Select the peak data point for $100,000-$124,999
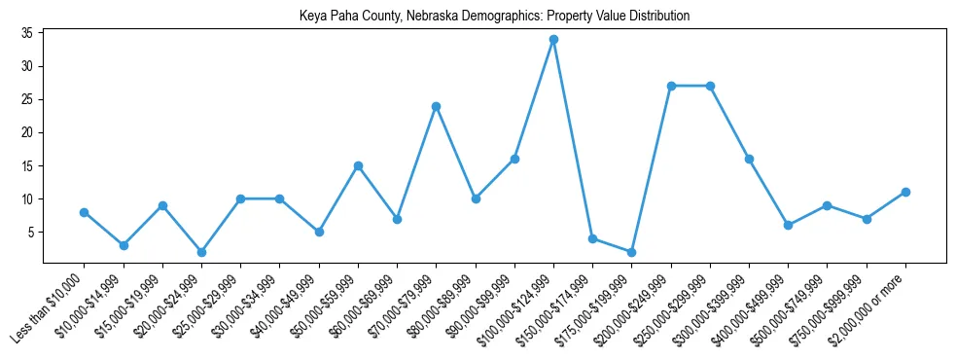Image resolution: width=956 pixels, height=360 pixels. tap(553, 40)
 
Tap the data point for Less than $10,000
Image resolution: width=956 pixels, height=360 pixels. tap(85, 212)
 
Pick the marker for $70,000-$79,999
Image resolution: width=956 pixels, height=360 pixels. tap(437, 106)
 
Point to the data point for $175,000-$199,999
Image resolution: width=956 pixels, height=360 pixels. tap(632, 252)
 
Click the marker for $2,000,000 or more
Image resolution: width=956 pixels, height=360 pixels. tap(905, 192)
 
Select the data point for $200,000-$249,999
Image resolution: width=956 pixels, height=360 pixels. tap(671, 86)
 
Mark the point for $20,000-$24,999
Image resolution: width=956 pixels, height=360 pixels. tap(201, 252)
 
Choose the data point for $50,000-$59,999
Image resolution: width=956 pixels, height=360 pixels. tap(358, 165)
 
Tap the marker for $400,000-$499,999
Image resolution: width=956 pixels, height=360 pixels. tap(788, 225)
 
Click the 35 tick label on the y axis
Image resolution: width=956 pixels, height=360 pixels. tap(27, 33)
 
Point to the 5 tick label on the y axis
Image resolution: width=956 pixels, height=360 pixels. tap(30, 232)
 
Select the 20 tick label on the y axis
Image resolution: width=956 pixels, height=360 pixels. tap(27, 132)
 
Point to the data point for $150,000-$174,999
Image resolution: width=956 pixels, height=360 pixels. tap(592, 238)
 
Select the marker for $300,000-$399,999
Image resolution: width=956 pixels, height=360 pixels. tap(749, 159)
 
